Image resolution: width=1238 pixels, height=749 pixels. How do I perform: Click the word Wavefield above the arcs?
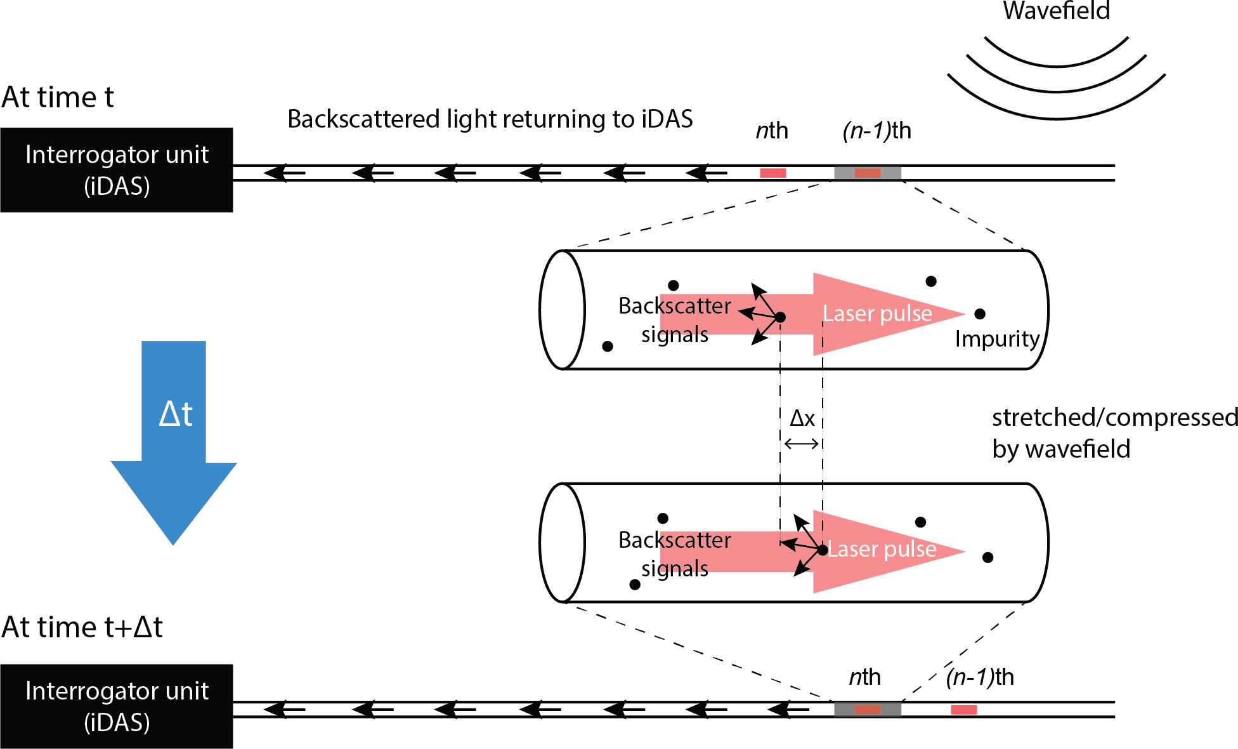[1056, 11]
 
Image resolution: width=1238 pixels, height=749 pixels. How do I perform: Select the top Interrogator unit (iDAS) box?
[117, 169]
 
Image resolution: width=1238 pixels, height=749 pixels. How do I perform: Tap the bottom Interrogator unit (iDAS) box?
[117, 706]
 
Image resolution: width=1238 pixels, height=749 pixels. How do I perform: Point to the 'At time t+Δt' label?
[82, 627]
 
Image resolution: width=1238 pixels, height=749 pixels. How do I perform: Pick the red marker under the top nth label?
[773, 173]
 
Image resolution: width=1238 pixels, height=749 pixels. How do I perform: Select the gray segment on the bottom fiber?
[845, 710]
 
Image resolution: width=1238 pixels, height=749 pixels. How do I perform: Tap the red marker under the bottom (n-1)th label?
[963, 710]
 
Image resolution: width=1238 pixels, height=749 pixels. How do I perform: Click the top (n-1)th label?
[876, 131]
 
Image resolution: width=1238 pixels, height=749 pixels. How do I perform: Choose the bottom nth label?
[864, 677]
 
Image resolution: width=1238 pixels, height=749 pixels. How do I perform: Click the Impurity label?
[997, 339]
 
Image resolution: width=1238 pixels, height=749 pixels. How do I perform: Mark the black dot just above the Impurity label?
[980, 314]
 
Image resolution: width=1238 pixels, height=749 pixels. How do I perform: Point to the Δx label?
[802, 418]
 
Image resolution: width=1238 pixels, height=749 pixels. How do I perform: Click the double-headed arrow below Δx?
[802, 444]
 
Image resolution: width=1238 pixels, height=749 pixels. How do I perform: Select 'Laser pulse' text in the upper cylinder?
[877, 314]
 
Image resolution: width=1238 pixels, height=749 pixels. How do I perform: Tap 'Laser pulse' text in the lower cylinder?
[882, 549]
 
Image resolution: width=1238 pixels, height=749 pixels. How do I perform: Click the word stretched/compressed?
[1114, 418]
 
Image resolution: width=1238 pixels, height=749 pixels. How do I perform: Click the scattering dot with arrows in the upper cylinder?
[781, 317]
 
